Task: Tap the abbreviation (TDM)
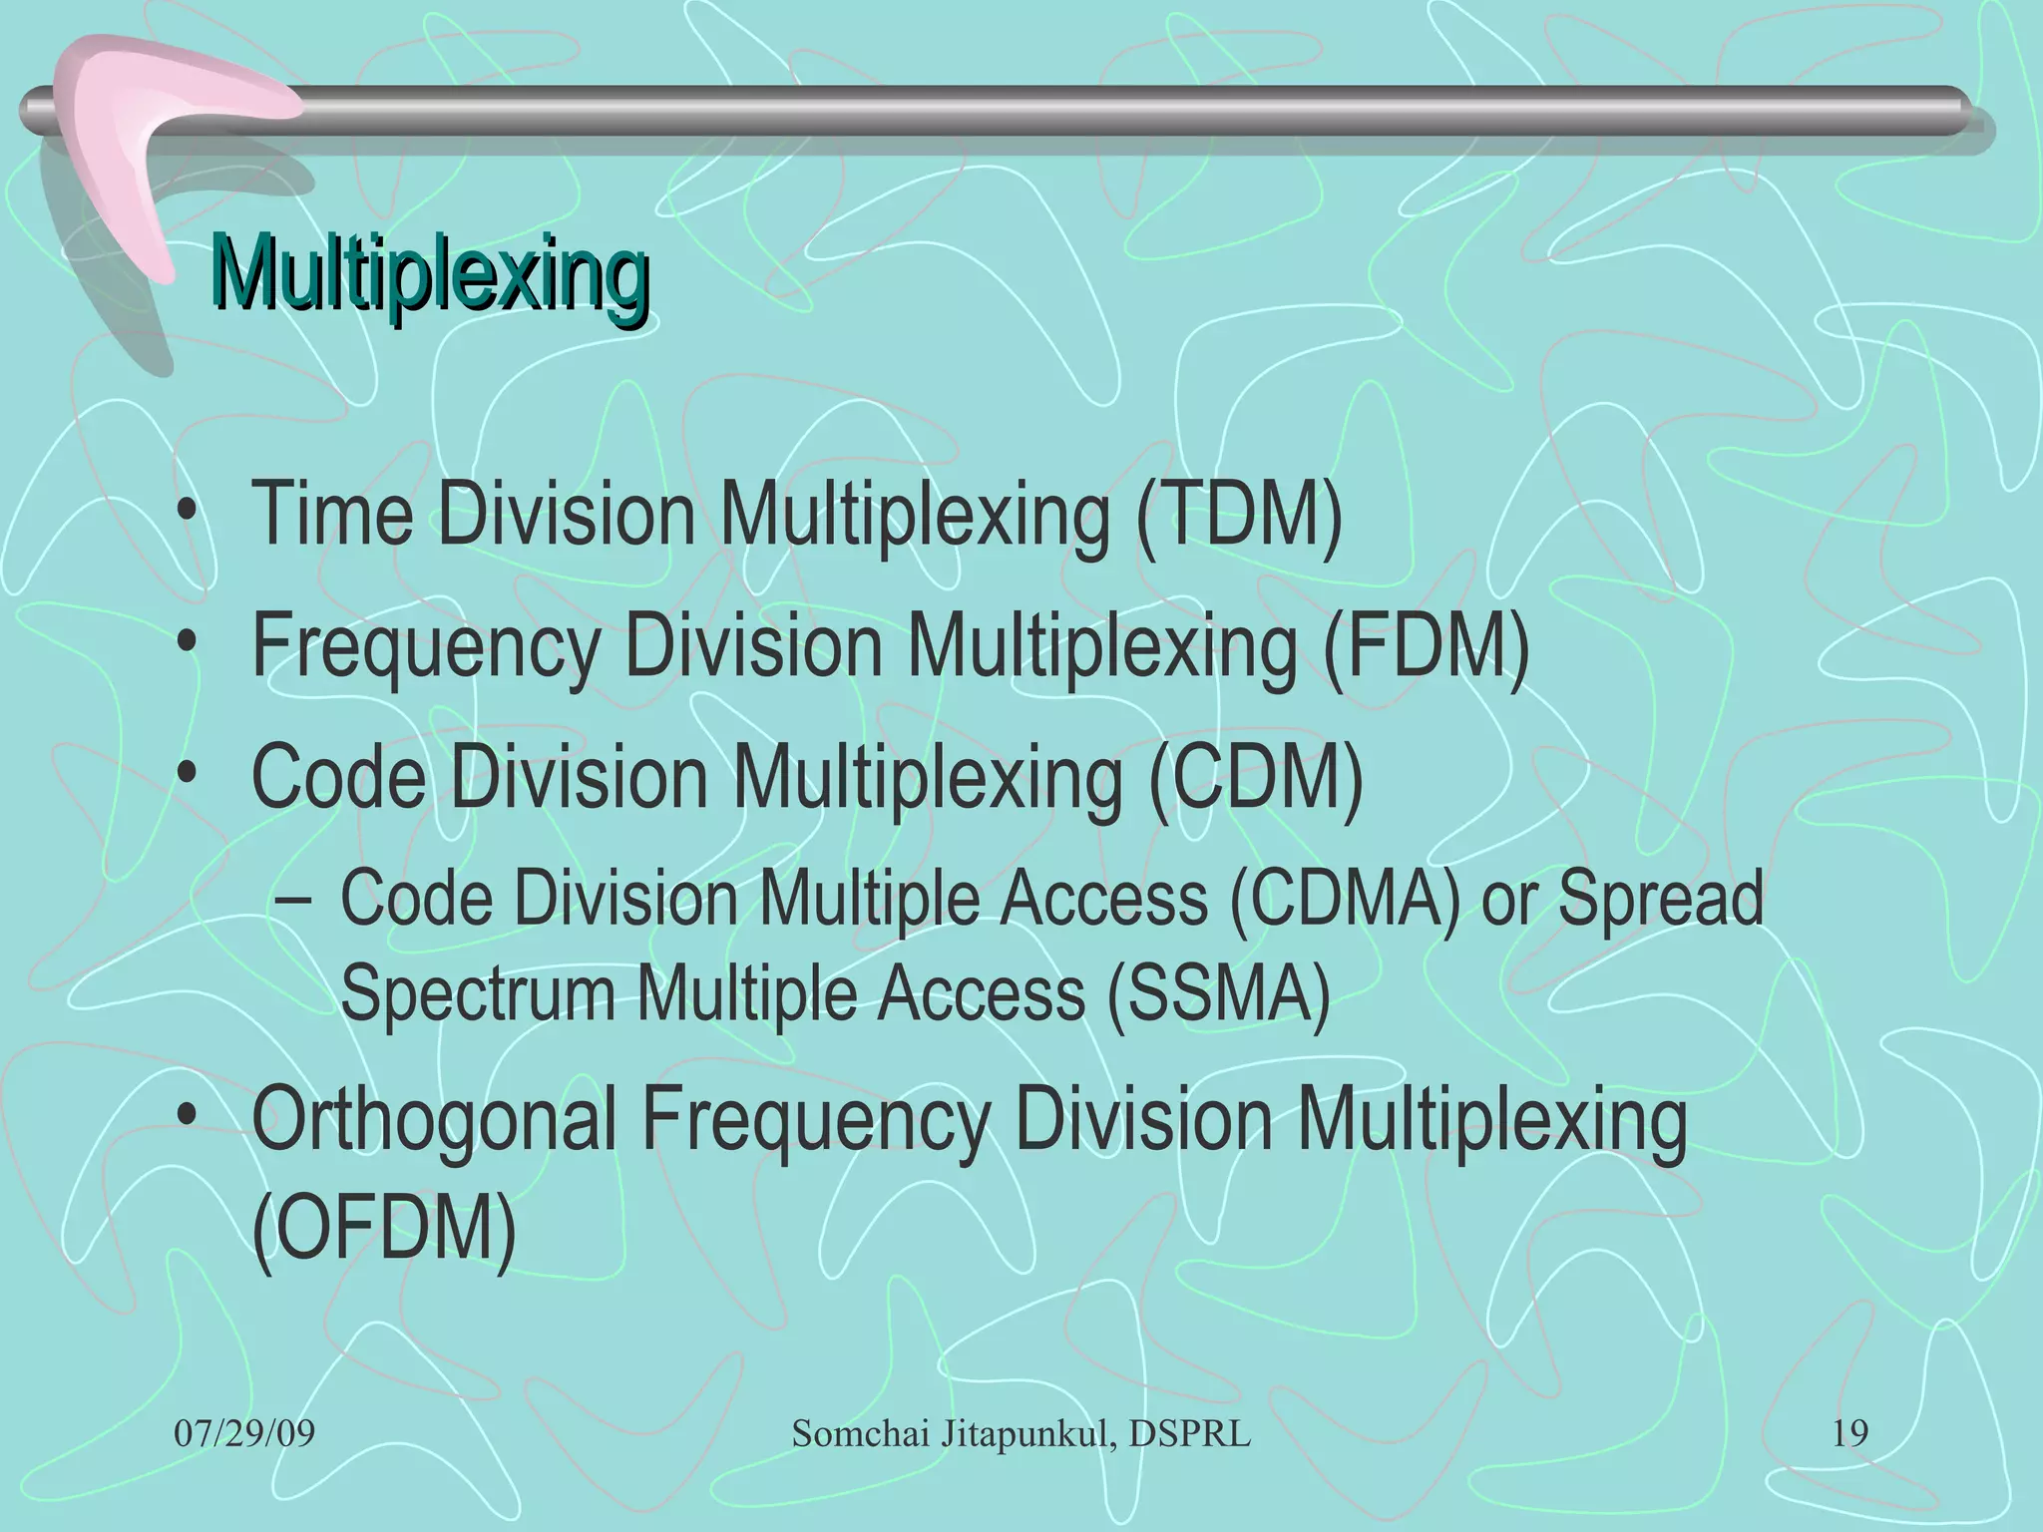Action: pos(1239,515)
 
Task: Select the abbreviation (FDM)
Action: pos(1426,645)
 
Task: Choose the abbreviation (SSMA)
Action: pos(1218,993)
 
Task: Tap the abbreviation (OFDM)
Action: pos(384,1229)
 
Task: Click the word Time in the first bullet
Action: pos(332,515)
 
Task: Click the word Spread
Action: pos(1660,899)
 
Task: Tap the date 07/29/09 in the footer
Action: pos(244,1434)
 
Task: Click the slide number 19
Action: pos(1849,1434)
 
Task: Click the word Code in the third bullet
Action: pos(338,777)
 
